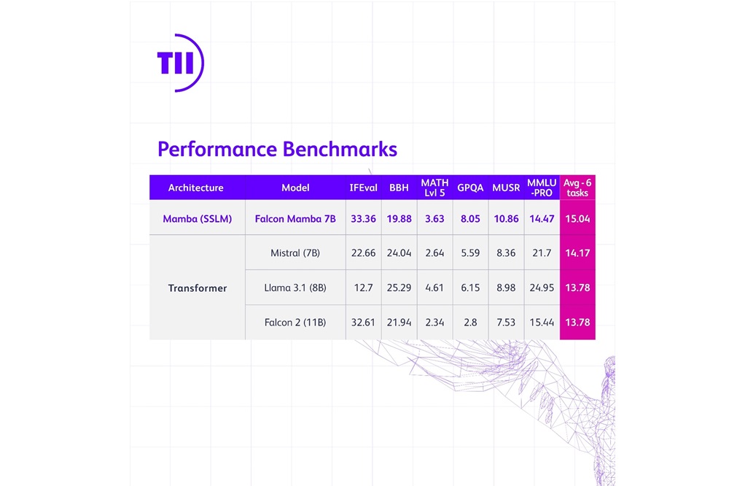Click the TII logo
point(179,62)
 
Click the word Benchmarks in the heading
point(340,150)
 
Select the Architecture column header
point(195,188)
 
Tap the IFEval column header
point(363,188)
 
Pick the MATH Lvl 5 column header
point(434,188)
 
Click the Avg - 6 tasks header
point(577,188)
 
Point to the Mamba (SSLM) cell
point(197,219)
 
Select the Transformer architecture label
point(197,288)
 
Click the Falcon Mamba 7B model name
point(295,219)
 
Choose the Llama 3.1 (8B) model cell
point(295,288)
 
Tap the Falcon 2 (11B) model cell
point(295,322)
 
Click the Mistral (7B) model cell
point(295,253)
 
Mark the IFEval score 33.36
point(363,219)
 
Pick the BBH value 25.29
point(399,288)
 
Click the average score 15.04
point(577,219)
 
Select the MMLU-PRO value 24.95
point(542,288)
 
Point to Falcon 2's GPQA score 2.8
point(470,322)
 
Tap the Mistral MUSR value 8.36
point(506,253)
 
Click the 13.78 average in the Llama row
point(577,288)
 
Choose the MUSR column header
point(506,188)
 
